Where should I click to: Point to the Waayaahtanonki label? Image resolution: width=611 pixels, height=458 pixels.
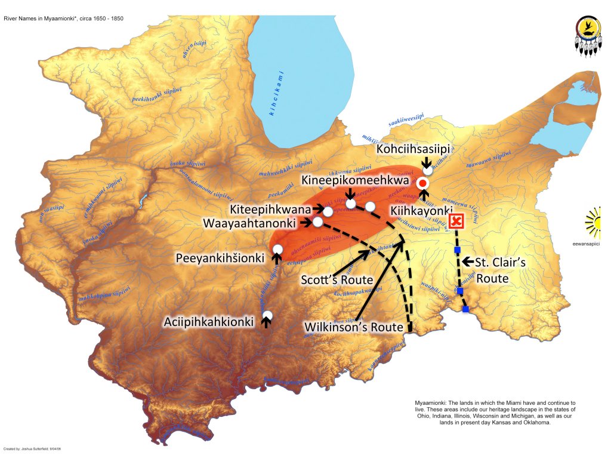coord(249,223)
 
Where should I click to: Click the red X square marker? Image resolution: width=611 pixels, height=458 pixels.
coord(457,222)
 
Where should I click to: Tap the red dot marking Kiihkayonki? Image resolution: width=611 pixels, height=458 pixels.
coord(423,183)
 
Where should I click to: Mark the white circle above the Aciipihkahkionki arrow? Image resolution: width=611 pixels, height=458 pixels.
coord(267,315)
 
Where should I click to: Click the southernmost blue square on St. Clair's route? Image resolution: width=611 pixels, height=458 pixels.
coord(465,309)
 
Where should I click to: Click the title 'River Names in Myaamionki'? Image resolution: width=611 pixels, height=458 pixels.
coord(57,20)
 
